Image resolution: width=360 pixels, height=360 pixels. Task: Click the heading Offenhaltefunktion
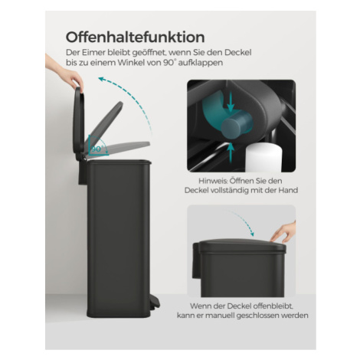pos(135,38)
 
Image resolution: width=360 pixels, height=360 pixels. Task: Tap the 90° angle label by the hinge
pos(97,149)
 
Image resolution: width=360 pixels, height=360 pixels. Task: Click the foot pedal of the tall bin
pos(154,302)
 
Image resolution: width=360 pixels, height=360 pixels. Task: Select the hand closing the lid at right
pos(284,233)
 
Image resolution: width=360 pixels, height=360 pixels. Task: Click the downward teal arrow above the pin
pos(231,102)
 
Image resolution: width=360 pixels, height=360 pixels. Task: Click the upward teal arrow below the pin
pos(231,152)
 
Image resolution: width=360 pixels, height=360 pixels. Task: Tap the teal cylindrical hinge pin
pos(237,124)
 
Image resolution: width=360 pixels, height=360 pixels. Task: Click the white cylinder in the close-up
pos(263,158)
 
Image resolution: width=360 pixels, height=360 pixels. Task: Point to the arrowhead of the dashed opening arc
pos(102,79)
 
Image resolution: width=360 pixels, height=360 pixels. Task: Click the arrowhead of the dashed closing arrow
pos(252,234)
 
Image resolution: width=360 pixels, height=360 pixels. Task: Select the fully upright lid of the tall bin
pos(79,124)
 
